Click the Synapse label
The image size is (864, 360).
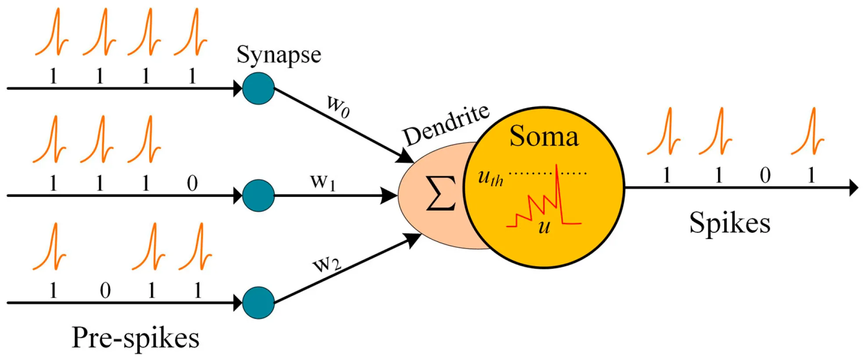[x=278, y=56]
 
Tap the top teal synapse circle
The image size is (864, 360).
[x=258, y=89]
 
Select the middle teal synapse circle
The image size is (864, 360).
[x=258, y=196]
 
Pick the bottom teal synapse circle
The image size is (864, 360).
[x=258, y=303]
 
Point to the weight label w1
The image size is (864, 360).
[x=323, y=182]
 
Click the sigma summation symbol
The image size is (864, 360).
[x=441, y=193]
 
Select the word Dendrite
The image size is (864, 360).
[x=446, y=125]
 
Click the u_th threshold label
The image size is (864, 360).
[x=490, y=178]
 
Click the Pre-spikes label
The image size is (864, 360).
[x=135, y=338]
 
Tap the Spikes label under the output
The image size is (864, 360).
[x=729, y=223]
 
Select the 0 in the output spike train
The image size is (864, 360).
[x=765, y=176]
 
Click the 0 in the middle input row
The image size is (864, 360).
[x=192, y=183]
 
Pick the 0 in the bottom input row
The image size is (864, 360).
[x=105, y=291]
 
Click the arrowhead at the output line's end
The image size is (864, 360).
[x=853, y=188]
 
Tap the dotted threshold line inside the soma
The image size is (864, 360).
[x=531, y=173]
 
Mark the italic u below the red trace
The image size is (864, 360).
[x=544, y=227]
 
